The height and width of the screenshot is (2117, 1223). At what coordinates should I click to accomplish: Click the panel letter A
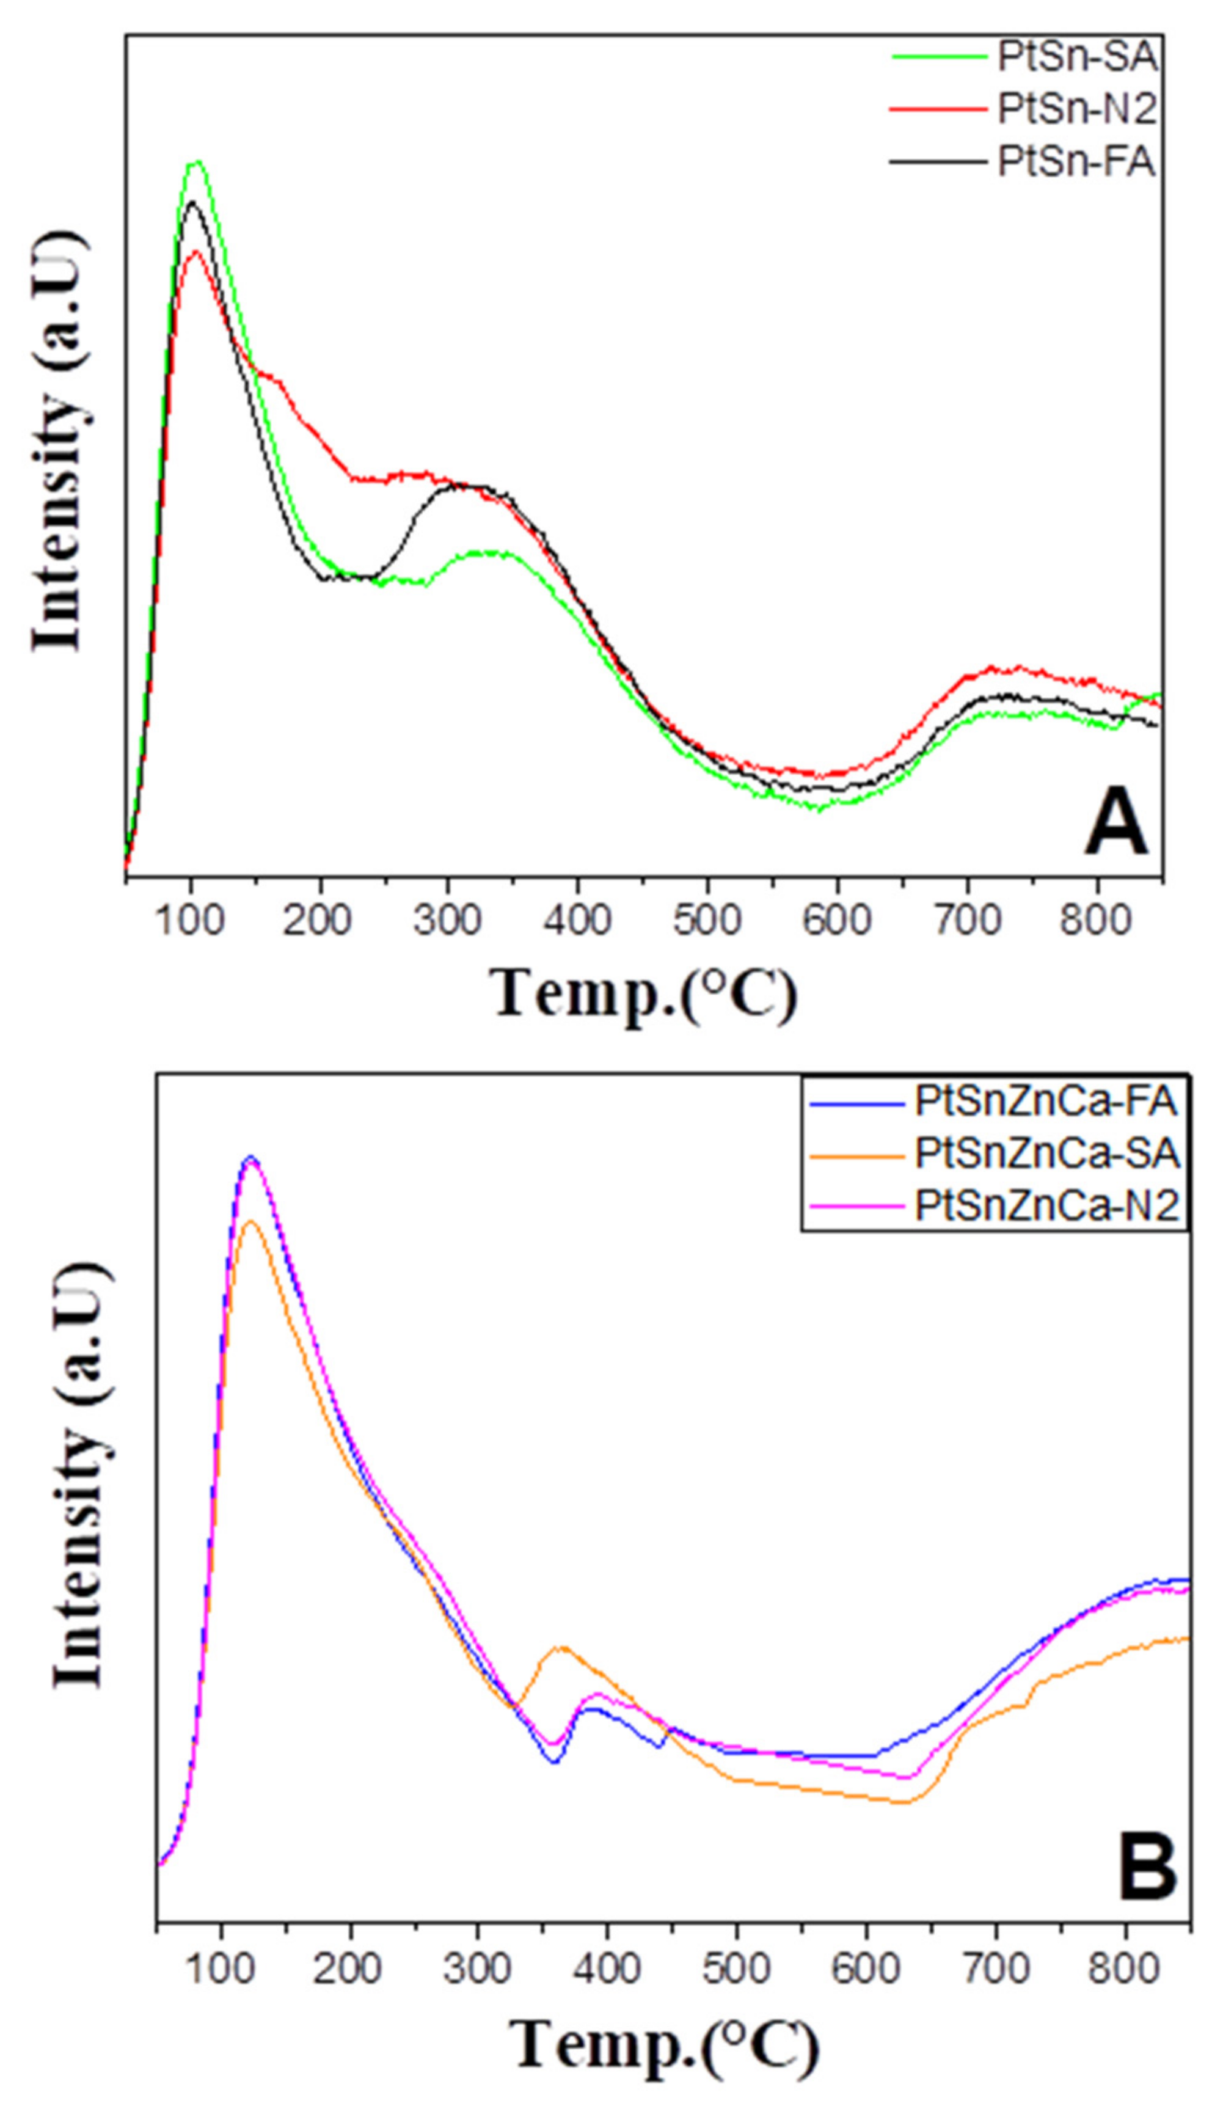click(1115, 827)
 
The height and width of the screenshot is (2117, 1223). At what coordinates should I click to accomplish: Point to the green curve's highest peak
click(197, 162)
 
